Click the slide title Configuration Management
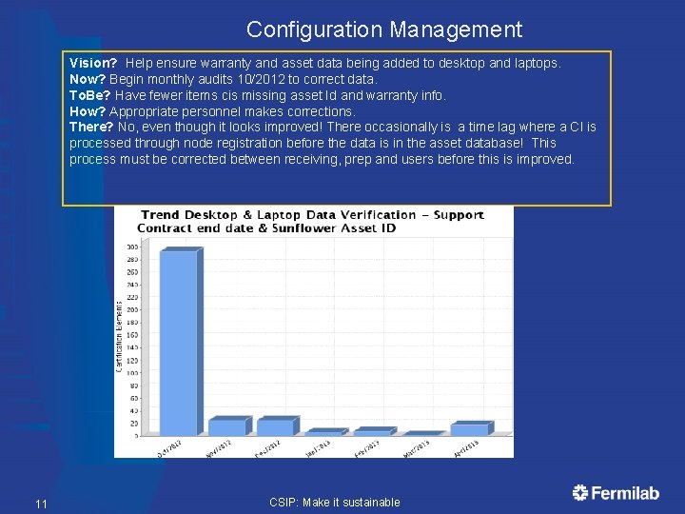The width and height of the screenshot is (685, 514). point(384,30)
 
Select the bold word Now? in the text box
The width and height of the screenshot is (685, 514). point(88,79)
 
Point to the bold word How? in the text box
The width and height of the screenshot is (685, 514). point(88,111)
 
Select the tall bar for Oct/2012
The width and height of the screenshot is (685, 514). point(179,343)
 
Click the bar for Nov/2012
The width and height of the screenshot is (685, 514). point(227,427)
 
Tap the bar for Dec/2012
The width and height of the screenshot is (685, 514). point(276,427)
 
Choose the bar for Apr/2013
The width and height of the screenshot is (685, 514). point(470,429)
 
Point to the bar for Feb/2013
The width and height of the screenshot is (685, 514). point(373,432)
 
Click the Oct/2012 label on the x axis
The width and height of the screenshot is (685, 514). point(170,447)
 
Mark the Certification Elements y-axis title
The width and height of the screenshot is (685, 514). point(120,337)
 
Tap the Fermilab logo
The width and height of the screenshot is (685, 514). point(616,493)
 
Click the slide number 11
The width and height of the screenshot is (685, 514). point(40,504)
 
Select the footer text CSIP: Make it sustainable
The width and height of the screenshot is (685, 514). point(335,503)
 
